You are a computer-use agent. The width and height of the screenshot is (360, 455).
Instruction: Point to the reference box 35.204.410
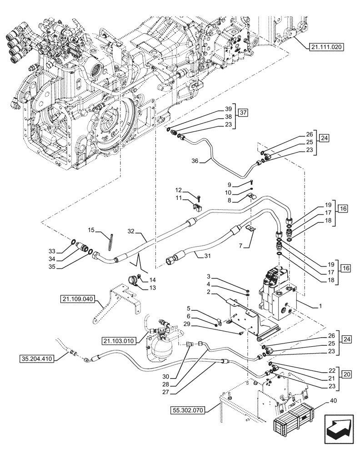pos(37,359)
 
